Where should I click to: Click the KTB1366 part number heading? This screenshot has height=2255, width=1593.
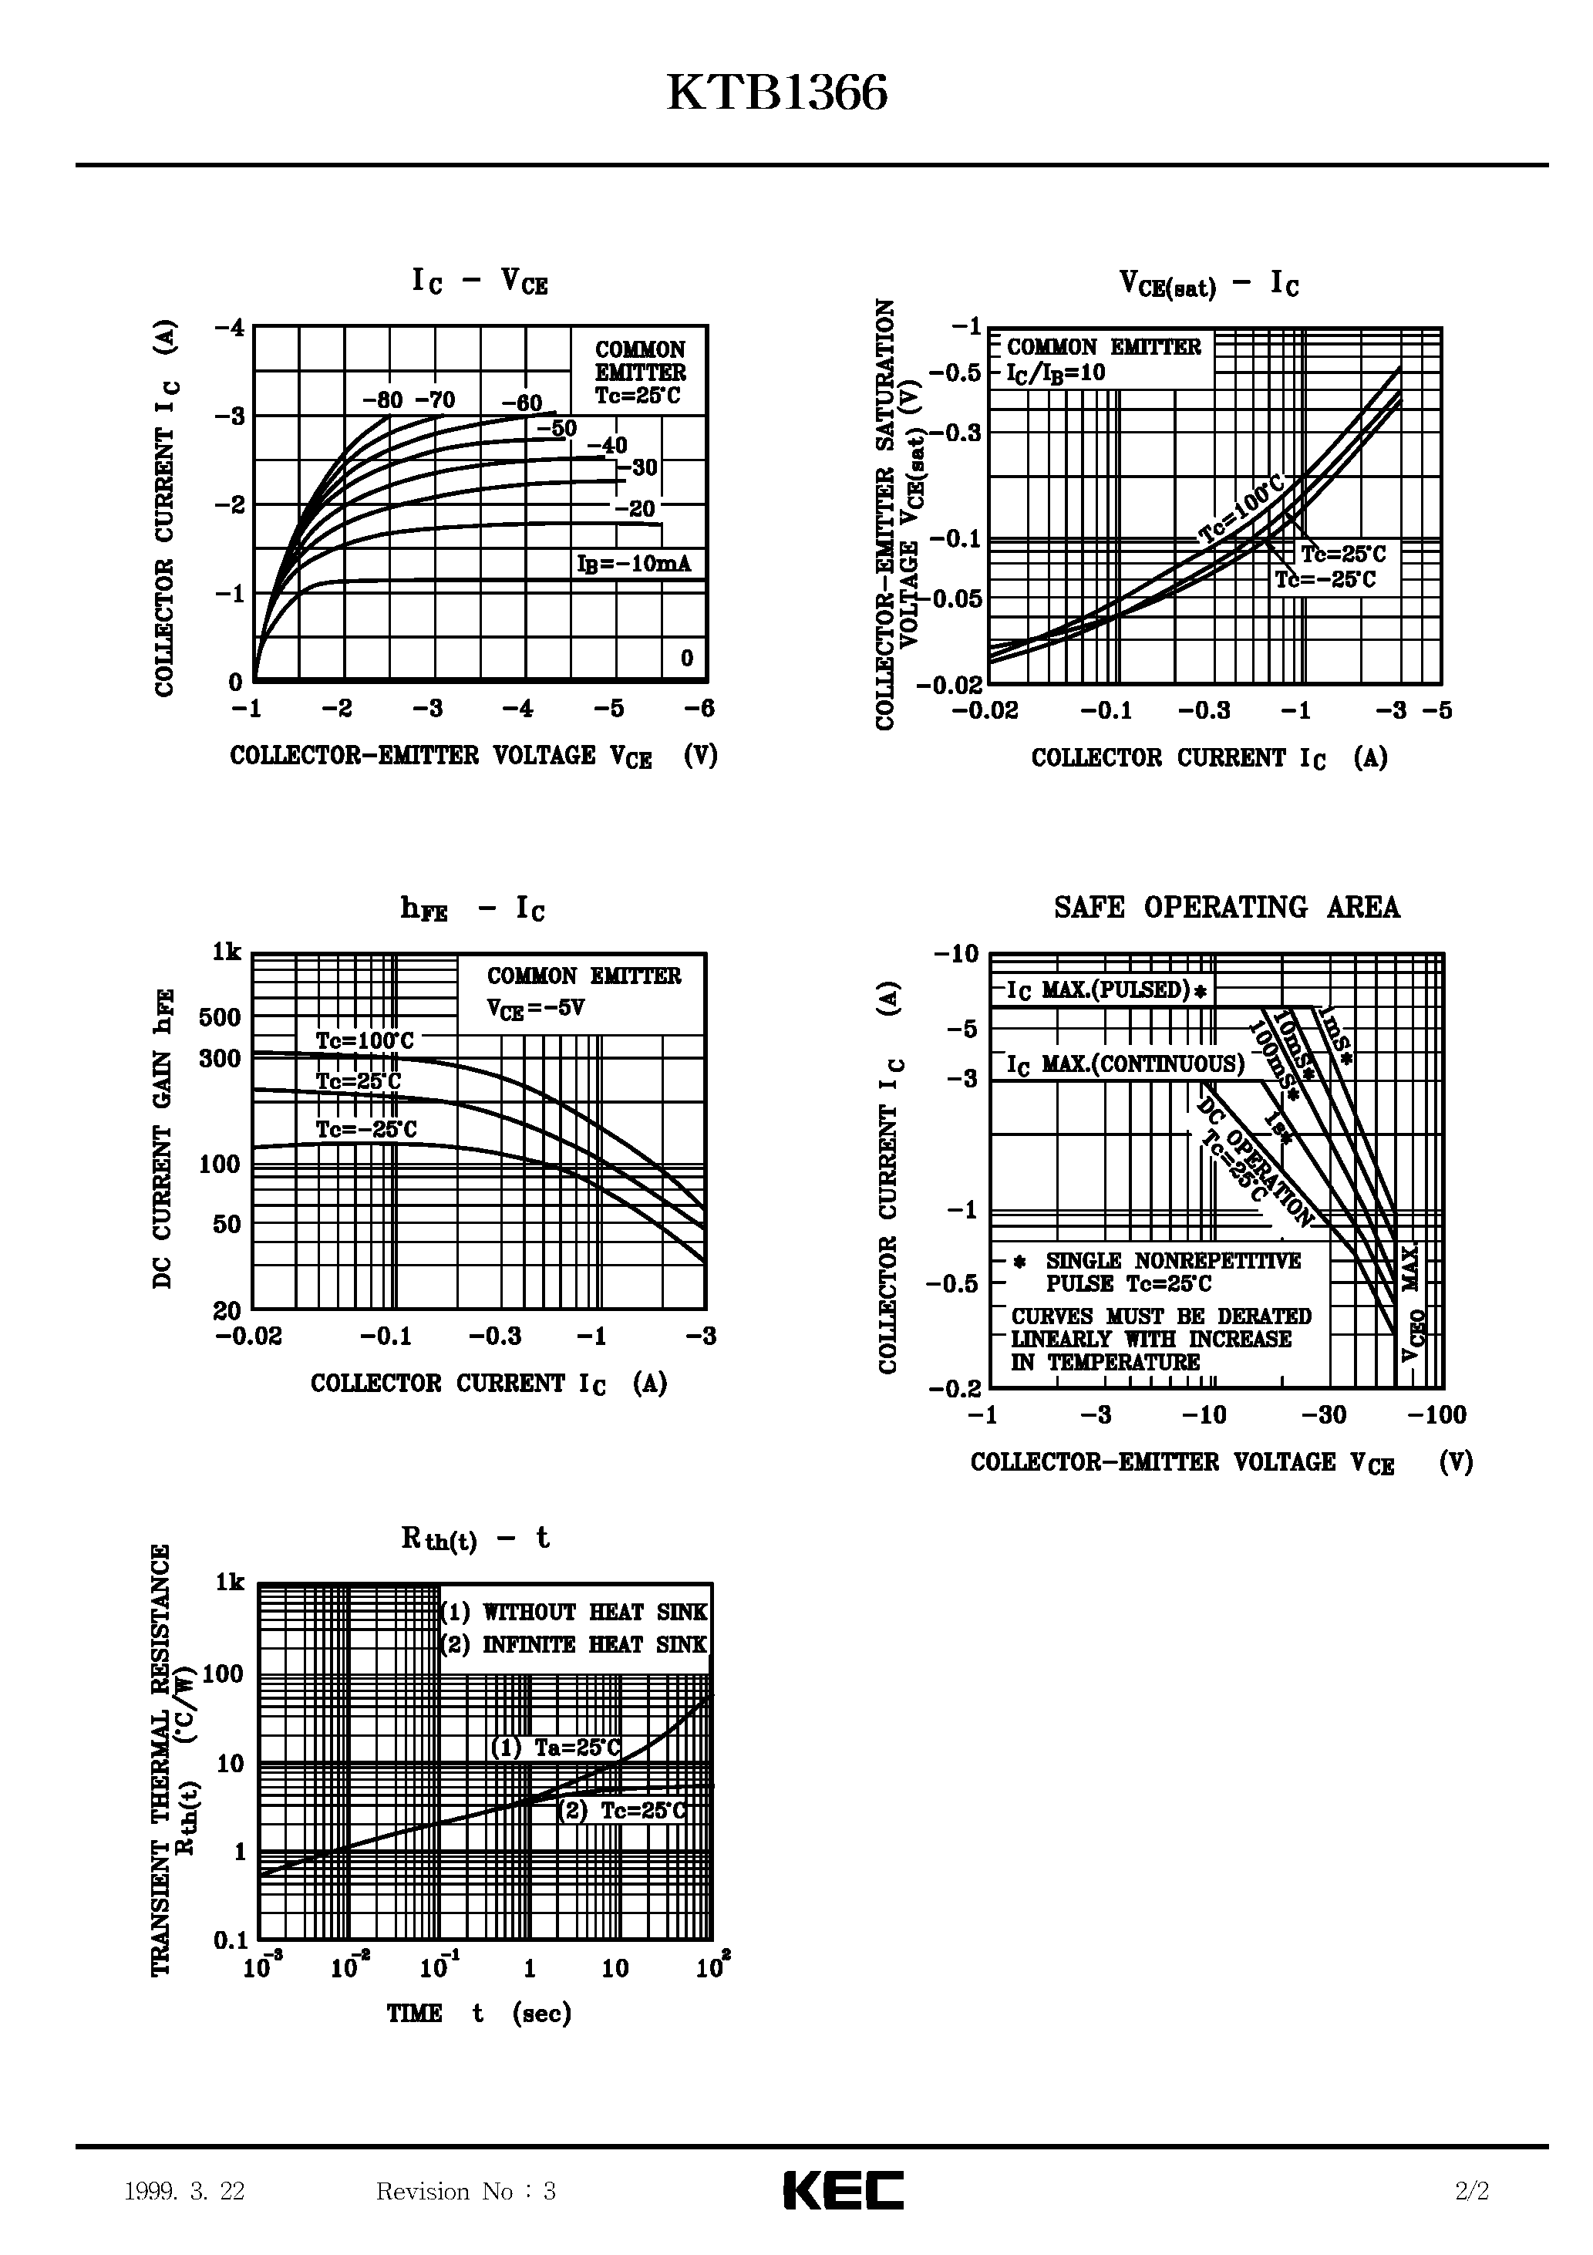coord(777,94)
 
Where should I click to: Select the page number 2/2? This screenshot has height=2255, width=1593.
coord(1472,2191)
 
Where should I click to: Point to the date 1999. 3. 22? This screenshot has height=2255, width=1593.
coord(184,2191)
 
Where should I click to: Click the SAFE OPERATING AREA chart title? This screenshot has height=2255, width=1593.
coord(1227,908)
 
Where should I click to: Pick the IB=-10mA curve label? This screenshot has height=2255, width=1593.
coord(634,564)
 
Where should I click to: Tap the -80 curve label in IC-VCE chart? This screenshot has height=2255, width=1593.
coord(383,399)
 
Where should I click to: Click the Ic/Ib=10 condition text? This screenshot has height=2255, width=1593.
coord(1056,373)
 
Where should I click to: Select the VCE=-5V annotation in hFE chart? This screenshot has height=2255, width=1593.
coord(535,1009)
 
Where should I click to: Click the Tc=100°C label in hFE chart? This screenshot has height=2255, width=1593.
coord(365,1040)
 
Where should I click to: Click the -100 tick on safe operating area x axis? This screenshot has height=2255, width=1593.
coord(1436,1415)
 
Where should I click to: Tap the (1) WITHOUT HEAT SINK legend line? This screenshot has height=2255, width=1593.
coord(574,1612)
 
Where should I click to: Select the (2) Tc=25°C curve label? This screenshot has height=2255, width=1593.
coord(621,1811)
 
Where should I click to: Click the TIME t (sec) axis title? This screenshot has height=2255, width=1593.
coord(478,2014)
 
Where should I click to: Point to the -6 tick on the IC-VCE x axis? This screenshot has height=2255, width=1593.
coord(699,709)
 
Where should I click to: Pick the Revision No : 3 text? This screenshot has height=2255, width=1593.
coord(466,2191)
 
